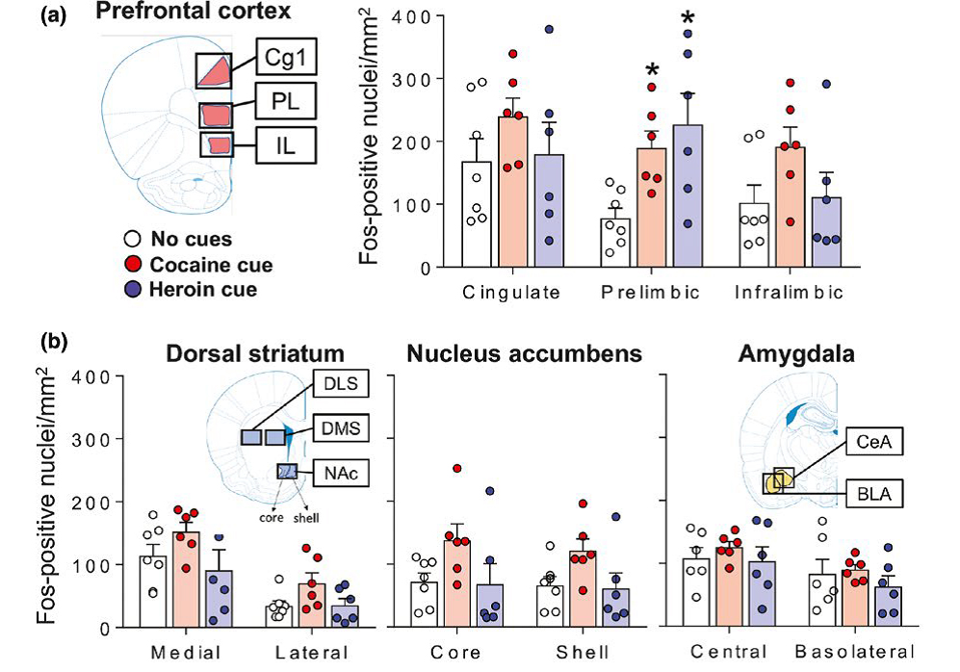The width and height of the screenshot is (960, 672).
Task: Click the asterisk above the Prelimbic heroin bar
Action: pos(688,19)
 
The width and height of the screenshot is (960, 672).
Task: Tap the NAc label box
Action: pos(338,470)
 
